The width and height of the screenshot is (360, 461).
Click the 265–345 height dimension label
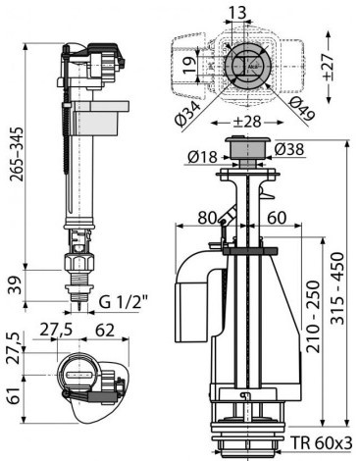tap(17, 154)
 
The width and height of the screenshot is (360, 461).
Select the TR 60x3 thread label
tap(322, 443)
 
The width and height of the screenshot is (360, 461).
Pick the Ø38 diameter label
tap(289, 149)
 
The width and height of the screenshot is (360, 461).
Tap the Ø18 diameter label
tap(202, 157)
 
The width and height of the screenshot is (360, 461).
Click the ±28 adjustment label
tap(247, 122)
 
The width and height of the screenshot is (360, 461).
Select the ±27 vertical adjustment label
tap(328, 67)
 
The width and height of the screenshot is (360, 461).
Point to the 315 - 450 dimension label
tap(337, 288)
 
